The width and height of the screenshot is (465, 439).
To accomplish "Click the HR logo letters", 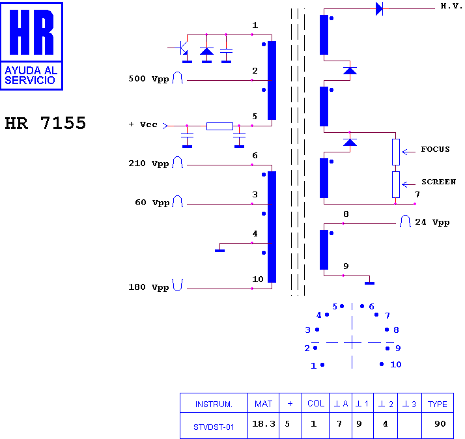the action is coord(32,32).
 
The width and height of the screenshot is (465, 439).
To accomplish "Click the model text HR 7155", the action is coord(46,123).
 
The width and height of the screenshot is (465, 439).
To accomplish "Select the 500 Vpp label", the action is coord(148,79).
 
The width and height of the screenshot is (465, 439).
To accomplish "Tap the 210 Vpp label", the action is coord(148,163).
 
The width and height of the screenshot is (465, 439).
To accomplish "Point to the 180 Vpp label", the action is coord(148,287).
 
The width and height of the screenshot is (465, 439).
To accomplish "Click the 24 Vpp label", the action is coord(432,222).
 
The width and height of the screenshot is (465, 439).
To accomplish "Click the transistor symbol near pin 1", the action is coord(181,48).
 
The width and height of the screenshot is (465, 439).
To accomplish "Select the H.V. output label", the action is coord(451,7).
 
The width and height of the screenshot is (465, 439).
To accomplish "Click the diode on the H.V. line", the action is coord(379,9).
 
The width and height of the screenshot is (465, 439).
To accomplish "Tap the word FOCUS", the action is coord(435,149).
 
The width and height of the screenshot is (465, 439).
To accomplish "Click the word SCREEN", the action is coord(438,182).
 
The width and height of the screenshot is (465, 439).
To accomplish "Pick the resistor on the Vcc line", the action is coord(219,126).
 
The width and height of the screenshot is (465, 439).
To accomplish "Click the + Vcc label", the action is coord(143,124).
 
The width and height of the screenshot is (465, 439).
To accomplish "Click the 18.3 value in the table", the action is coord(264,424).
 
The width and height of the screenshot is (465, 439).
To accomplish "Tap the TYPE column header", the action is coord(438,404).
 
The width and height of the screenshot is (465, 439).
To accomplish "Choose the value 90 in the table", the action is coord(440,424).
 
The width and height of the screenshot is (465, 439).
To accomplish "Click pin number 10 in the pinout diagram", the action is coord(396,365).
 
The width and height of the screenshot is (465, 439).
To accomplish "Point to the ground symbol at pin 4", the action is coord(219,251).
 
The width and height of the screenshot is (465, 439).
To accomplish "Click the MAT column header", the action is coord(263,404).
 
